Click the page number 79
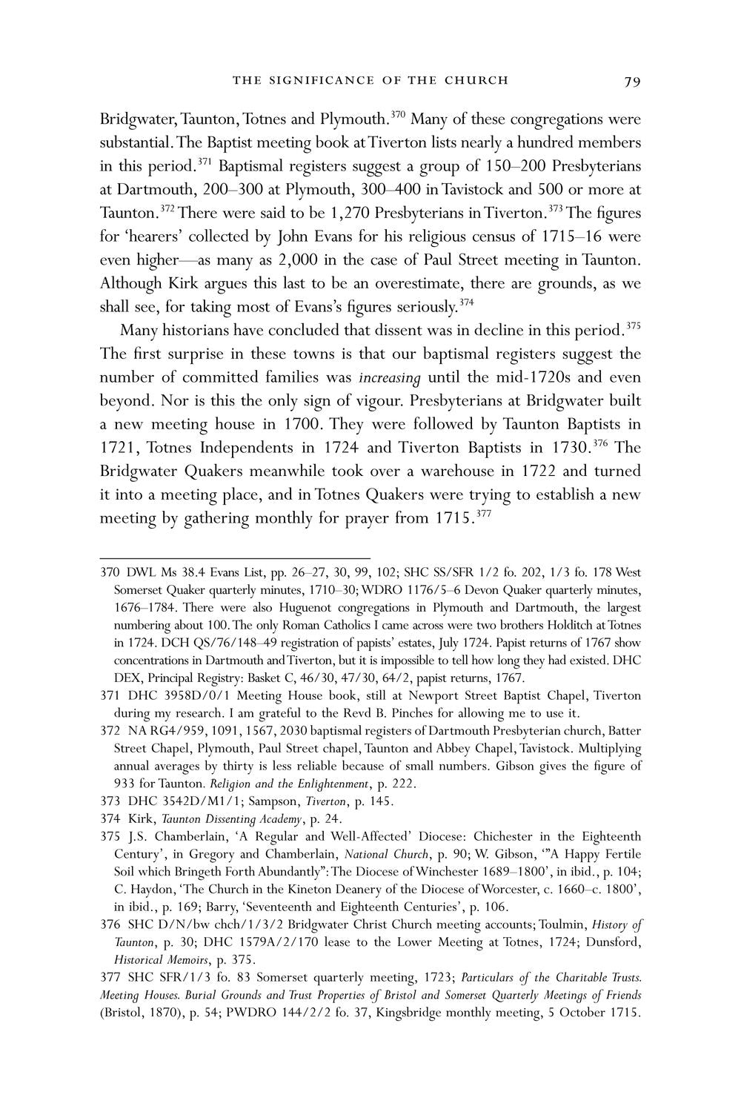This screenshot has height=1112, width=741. tap(631, 81)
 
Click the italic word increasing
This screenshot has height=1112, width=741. tap(389, 377)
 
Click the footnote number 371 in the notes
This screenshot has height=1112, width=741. tap(110, 695)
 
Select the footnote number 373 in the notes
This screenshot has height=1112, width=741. tap(110, 801)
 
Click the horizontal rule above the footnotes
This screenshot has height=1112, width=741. tap(235, 557)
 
